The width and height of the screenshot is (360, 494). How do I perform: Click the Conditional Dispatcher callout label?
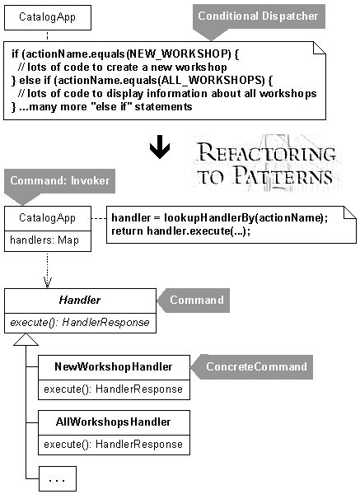tap(259, 16)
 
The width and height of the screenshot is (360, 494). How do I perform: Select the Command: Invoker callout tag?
tap(59, 181)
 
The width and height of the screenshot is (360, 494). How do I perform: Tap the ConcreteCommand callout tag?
tap(252, 366)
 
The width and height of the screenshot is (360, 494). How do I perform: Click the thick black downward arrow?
tap(160, 147)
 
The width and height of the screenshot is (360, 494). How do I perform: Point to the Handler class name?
tap(80, 300)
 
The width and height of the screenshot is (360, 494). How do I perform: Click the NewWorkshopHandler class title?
tap(114, 366)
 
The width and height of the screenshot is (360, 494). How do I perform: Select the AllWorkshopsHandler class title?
tap(114, 422)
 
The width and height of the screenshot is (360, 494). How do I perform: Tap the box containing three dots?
tap(58, 478)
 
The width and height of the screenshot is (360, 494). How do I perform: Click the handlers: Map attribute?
tap(44, 240)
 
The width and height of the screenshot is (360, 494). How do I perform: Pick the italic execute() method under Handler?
tap(80, 323)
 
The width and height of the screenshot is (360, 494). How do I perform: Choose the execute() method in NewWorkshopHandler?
tap(114, 389)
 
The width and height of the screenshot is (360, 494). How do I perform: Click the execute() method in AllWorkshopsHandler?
tap(114, 445)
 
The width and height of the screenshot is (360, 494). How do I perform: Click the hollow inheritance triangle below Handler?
tap(26, 339)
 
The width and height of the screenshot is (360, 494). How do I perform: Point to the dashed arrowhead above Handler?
tap(47, 282)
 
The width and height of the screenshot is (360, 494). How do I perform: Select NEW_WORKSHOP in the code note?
tap(179, 54)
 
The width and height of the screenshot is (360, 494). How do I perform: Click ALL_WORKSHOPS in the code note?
tap(213, 81)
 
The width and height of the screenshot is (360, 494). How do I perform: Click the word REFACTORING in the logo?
tap(267, 153)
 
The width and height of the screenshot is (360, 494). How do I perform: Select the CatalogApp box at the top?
tap(48, 17)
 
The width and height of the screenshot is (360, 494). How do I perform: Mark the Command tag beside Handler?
tap(194, 301)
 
